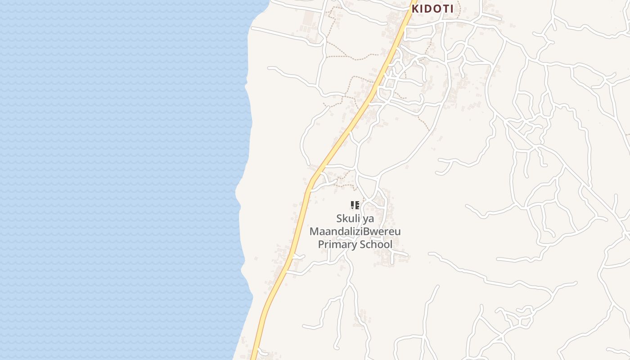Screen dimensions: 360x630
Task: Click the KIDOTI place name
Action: [432, 9]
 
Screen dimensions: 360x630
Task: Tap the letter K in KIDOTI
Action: [416, 9]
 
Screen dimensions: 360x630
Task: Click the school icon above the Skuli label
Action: [355, 206]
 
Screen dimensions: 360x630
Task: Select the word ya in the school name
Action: [369, 219]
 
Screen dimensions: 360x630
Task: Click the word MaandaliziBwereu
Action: [355, 232]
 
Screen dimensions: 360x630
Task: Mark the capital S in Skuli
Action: [339, 219]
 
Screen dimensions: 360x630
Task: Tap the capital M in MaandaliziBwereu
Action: [314, 232]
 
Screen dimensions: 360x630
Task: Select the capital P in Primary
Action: [321, 244]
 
